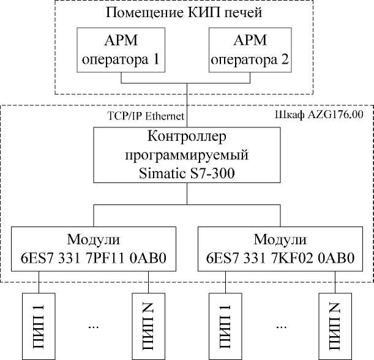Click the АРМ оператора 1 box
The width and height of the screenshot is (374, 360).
pos(121,51)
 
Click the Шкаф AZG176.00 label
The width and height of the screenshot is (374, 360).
pos(320,114)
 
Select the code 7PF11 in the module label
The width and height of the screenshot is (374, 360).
pos(116,259)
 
